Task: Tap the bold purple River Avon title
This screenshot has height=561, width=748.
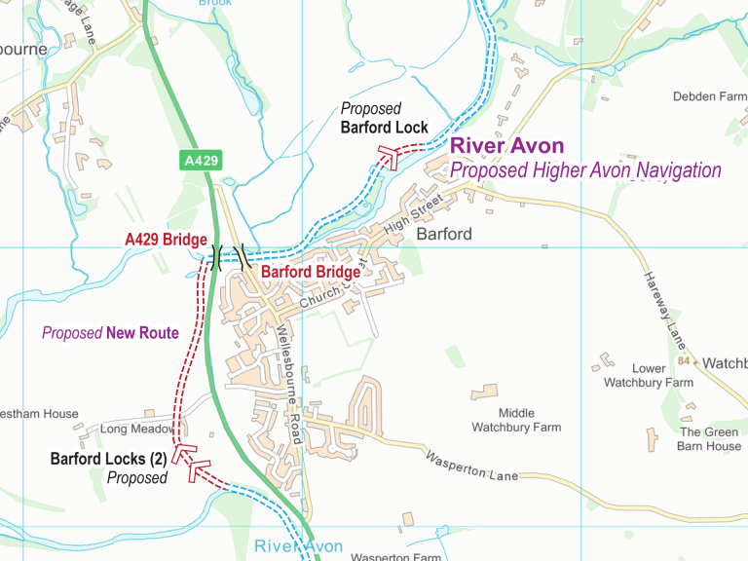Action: (x=506, y=147)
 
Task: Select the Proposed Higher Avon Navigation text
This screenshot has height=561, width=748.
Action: (x=585, y=170)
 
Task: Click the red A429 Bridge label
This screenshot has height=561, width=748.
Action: (x=166, y=240)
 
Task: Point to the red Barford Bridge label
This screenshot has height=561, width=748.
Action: (x=311, y=273)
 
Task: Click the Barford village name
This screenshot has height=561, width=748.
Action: (x=444, y=235)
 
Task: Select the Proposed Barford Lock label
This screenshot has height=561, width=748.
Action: (x=384, y=118)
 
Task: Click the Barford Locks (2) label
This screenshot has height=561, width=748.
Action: (x=108, y=458)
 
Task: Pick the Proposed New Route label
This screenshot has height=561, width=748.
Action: (x=110, y=333)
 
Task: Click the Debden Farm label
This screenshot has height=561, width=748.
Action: (x=709, y=96)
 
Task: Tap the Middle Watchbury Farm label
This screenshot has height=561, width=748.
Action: (x=516, y=420)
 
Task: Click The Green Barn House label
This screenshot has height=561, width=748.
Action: (x=710, y=439)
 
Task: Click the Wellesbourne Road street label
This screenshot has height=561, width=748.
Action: (x=291, y=384)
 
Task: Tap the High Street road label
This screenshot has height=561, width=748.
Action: (x=413, y=213)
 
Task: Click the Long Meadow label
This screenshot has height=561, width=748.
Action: (x=135, y=429)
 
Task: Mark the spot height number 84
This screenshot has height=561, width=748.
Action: (x=684, y=361)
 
